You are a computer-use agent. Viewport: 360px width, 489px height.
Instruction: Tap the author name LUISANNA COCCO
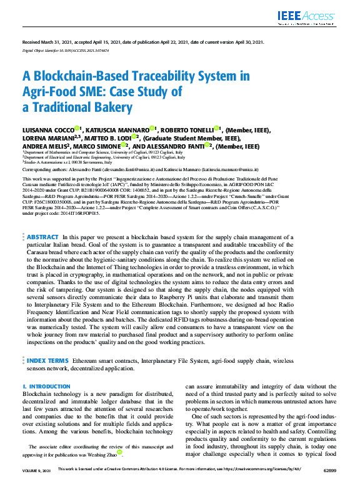(47, 130)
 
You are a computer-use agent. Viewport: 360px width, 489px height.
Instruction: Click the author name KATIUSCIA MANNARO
(114, 130)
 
